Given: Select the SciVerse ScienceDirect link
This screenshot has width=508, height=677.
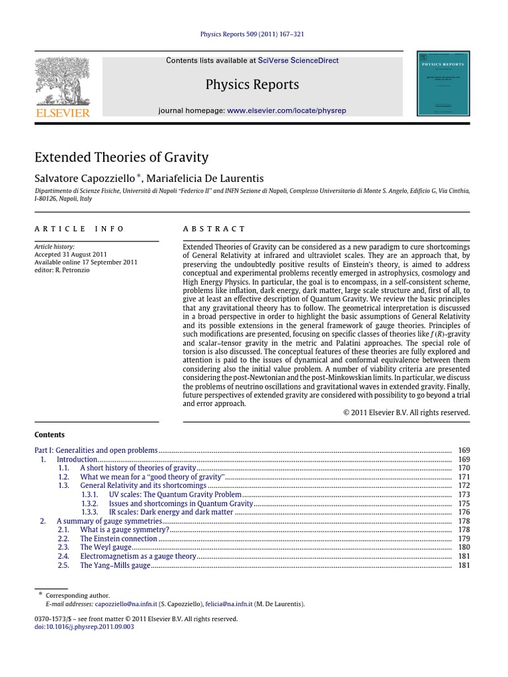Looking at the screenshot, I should click(x=298, y=60).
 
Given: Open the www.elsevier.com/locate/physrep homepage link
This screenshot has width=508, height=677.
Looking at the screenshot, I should click(x=286, y=110).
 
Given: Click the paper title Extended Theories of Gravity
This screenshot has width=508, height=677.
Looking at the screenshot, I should click(x=121, y=157).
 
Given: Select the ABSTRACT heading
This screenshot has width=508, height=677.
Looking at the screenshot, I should click(x=214, y=229).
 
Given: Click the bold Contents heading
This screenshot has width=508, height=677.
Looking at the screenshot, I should click(x=50, y=434).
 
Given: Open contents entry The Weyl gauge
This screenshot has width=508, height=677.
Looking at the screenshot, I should click(x=106, y=547).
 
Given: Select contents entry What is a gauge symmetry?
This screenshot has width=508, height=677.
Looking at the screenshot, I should click(x=124, y=530).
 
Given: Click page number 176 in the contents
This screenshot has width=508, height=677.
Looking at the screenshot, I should click(x=464, y=512).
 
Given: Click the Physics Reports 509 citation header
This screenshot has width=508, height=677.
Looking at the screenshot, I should click(x=254, y=34).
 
